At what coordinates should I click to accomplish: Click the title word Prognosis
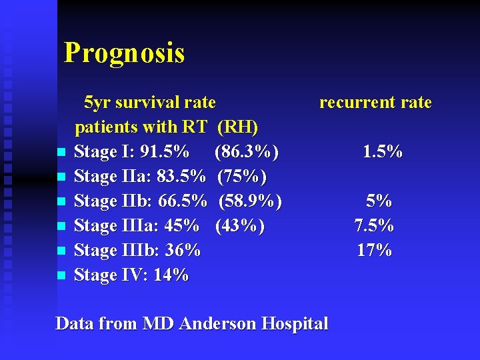click(x=124, y=52)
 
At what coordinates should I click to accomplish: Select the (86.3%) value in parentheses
click(x=247, y=152)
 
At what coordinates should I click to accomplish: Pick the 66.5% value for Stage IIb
click(x=183, y=201)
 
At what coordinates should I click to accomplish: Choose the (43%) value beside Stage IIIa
click(x=240, y=226)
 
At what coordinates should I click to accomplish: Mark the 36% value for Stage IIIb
click(x=183, y=251)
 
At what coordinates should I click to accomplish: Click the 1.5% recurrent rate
click(x=383, y=152)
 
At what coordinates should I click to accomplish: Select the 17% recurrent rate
click(x=375, y=251)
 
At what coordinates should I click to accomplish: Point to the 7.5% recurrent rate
click(x=374, y=226)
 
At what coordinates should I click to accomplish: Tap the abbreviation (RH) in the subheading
click(x=238, y=127)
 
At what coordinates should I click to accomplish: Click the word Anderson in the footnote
click(x=218, y=324)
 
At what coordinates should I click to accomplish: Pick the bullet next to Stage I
click(x=61, y=153)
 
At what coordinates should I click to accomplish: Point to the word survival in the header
click(x=147, y=103)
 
